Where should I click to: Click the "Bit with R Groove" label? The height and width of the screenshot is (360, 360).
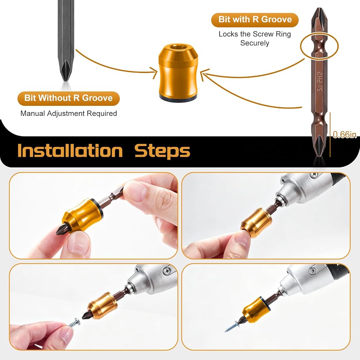point(255,19)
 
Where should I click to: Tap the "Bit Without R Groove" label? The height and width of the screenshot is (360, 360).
point(68,98)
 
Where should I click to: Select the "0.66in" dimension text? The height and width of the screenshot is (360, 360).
point(345,135)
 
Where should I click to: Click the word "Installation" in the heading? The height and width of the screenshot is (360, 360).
point(70,151)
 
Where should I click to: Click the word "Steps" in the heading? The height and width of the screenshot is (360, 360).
point(162,152)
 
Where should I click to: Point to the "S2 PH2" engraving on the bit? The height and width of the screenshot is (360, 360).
point(320,81)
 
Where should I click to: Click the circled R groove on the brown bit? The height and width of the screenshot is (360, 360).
point(319,45)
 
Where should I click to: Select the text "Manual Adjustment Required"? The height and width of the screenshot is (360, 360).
point(69,113)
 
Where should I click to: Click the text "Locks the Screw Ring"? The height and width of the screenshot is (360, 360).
point(255,34)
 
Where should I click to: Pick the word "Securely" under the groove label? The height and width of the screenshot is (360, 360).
point(255,43)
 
